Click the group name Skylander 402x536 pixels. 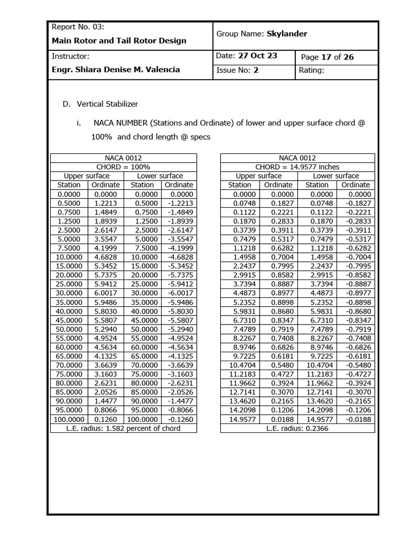click(x=287, y=34)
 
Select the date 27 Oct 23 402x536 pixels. click(x=258, y=56)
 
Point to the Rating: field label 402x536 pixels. click(x=311, y=71)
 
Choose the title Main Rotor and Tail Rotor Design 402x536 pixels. click(x=119, y=40)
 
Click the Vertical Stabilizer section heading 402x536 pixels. click(x=107, y=104)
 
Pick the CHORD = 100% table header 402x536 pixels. click(x=123, y=167)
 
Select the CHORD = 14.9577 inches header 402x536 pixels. click(x=297, y=167)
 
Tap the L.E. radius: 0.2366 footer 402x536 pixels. click(x=297, y=428)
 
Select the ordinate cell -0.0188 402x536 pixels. click(x=355, y=419)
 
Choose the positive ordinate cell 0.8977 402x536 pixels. click(x=278, y=293)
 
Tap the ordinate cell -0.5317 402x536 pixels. click(x=355, y=239)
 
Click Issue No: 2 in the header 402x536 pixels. click(x=238, y=71)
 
